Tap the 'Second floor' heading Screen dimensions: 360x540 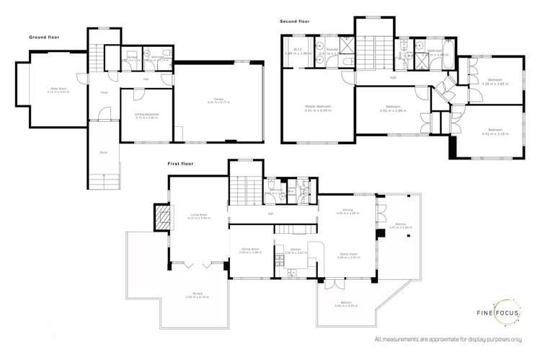click(295, 21)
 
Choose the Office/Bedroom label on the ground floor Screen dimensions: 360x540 click(146, 115)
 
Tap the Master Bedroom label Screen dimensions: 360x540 click(317, 108)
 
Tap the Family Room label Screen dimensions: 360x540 click(348, 255)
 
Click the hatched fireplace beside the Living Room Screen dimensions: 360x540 click(163, 216)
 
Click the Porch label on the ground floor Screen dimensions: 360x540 click(103, 152)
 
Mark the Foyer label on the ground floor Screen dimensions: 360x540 click(104, 92)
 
